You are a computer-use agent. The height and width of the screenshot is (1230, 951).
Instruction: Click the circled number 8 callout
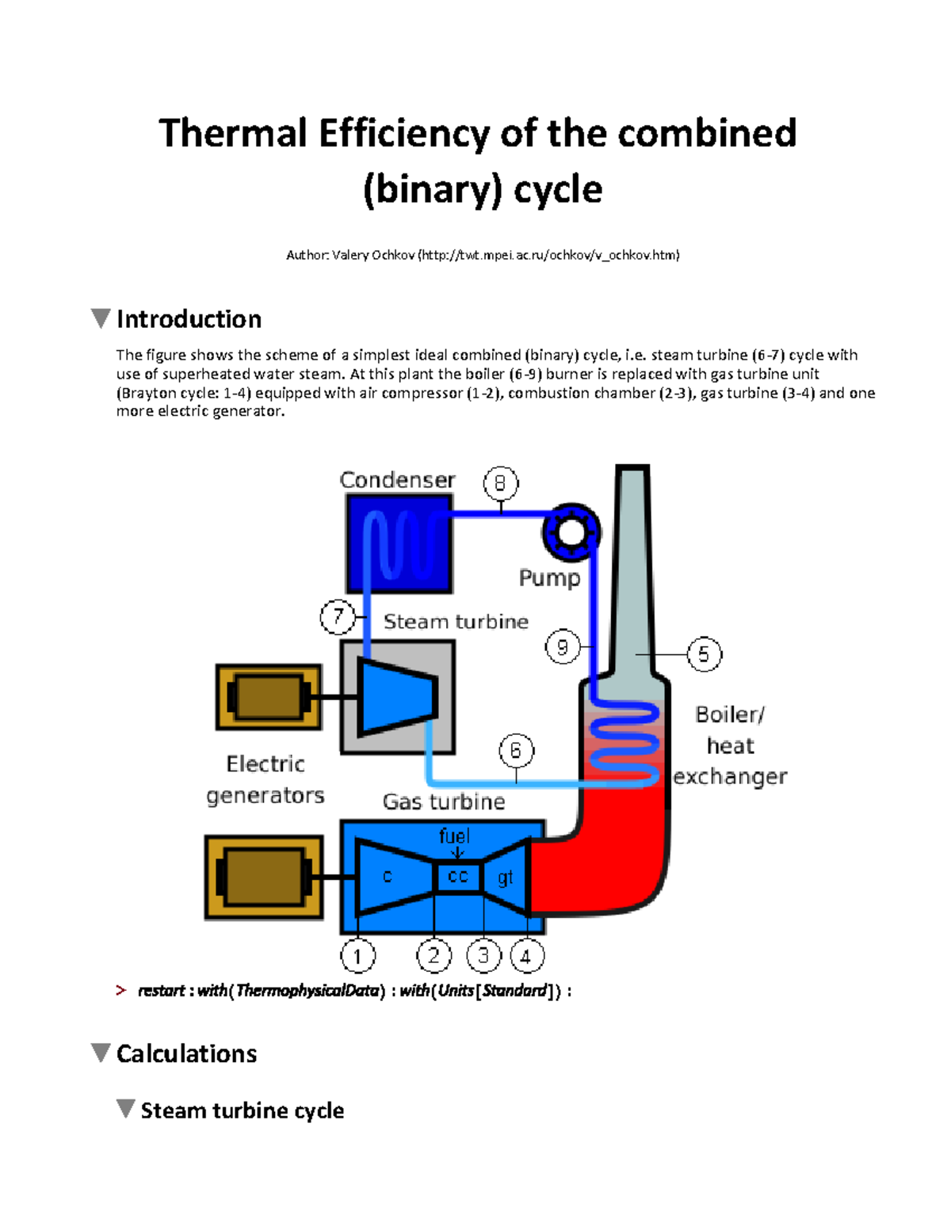coord(500,483)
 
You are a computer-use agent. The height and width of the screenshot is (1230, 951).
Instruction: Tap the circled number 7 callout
coord(338,616)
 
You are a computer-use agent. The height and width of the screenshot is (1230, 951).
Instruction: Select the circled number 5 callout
coord(704,654)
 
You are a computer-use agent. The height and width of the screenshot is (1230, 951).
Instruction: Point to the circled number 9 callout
coord(563,647)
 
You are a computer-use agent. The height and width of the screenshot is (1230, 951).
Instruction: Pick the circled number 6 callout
coord(516,750)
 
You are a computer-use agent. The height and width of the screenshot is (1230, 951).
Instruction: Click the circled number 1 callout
coord(357,956)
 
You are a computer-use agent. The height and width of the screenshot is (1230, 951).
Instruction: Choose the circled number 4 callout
coord(526,956)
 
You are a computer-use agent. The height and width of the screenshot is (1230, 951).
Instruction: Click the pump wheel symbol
coord(571,531)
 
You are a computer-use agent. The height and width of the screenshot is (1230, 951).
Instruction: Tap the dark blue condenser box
coord(399,544)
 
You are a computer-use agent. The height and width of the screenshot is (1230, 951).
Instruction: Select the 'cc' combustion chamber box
coord(458,877)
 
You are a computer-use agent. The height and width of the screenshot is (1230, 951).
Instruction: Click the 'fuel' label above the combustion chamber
coord(454,836)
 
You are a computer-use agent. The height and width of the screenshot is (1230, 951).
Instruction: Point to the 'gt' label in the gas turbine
coord(505,878)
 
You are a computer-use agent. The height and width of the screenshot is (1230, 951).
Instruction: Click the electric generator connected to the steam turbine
coord(269,697)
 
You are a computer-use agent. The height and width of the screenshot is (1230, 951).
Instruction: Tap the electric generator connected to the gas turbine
coord(264,877)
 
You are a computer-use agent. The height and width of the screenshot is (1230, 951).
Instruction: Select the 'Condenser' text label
coord(397,480)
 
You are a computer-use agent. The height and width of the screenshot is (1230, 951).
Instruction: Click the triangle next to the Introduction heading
coord(101,318)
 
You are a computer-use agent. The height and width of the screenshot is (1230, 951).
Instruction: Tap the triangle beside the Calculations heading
coord(101,1053)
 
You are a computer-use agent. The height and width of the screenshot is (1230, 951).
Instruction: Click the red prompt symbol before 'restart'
coord(120,990)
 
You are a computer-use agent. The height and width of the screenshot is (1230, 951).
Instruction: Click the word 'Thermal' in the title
coord(232,133)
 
